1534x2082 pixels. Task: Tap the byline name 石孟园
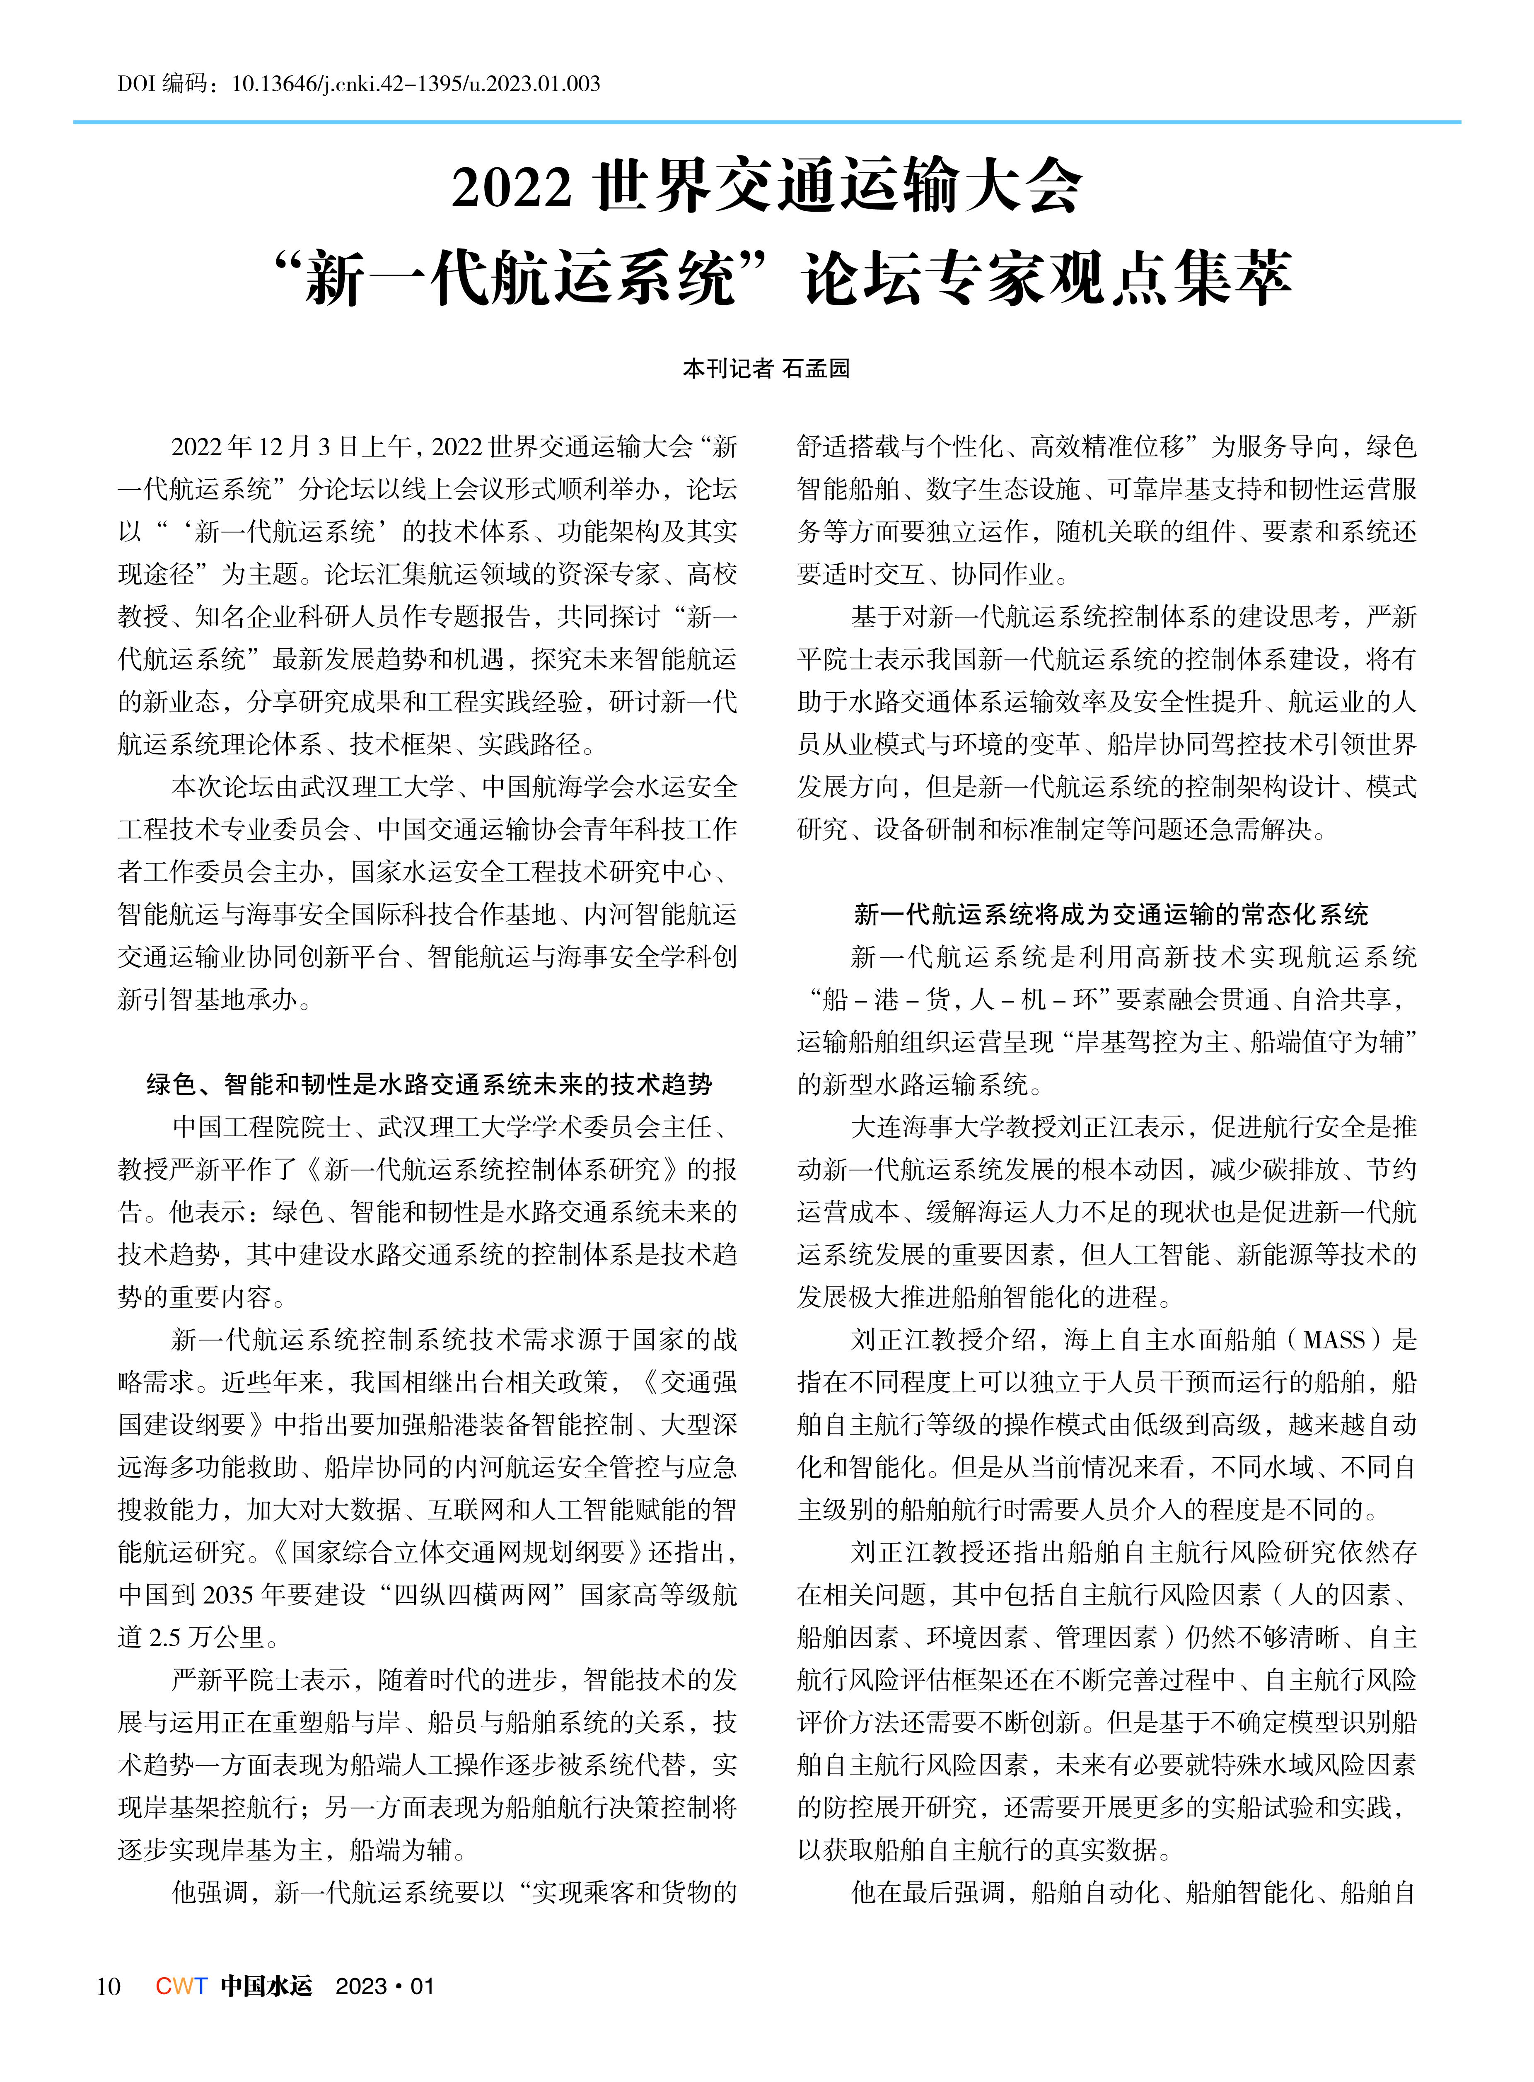point(816,369)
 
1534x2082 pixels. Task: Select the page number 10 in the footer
point(108,1985)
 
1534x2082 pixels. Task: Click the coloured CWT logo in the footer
point(181,1985)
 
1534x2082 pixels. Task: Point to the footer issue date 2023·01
point(384,1985)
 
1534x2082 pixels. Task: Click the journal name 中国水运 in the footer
point(266,1985)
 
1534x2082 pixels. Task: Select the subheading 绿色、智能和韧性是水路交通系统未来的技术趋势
point(429,1084)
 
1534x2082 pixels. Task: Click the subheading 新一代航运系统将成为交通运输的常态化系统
point(1111,914)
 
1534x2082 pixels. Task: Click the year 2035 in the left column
point(227,1594)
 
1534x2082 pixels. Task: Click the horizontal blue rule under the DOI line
point(767,122)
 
